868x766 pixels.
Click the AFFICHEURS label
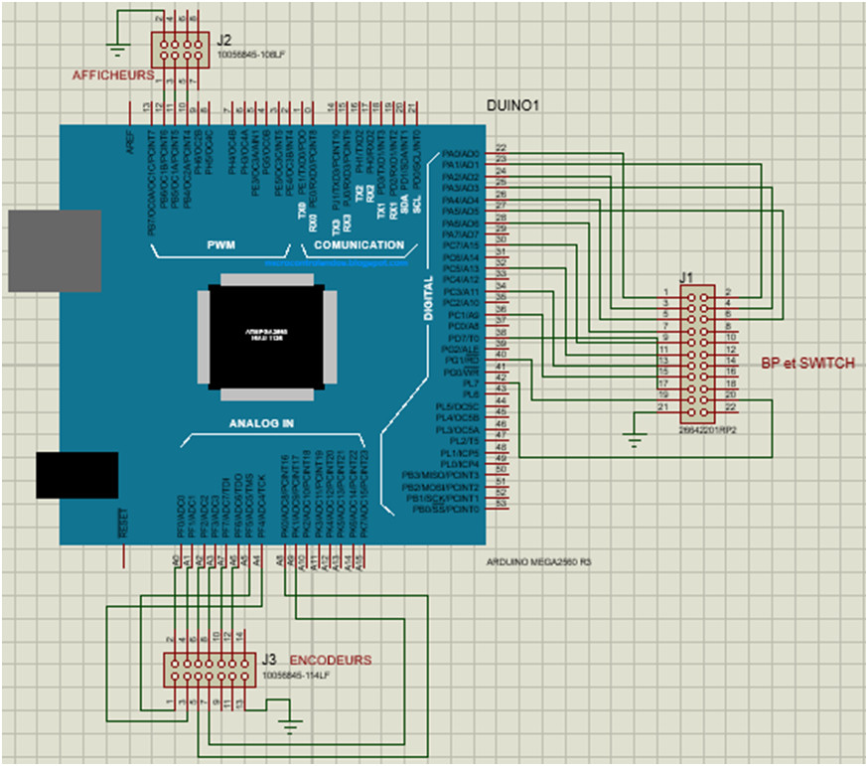(112, 75)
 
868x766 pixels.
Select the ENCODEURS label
(330, 660)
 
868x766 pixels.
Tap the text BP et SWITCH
(807, 364)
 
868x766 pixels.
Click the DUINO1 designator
(513, 105)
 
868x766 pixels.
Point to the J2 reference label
(224, 40)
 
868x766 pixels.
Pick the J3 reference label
(269, 659)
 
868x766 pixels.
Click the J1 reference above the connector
(685, 277)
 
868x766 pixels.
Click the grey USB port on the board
(54, 250)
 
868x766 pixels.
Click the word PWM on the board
(220, 244)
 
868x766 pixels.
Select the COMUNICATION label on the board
(359, 244)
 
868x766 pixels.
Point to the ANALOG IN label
(261, 422)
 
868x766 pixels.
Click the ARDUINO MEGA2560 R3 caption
(539, 561)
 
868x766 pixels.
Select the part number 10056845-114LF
(295, 675)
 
